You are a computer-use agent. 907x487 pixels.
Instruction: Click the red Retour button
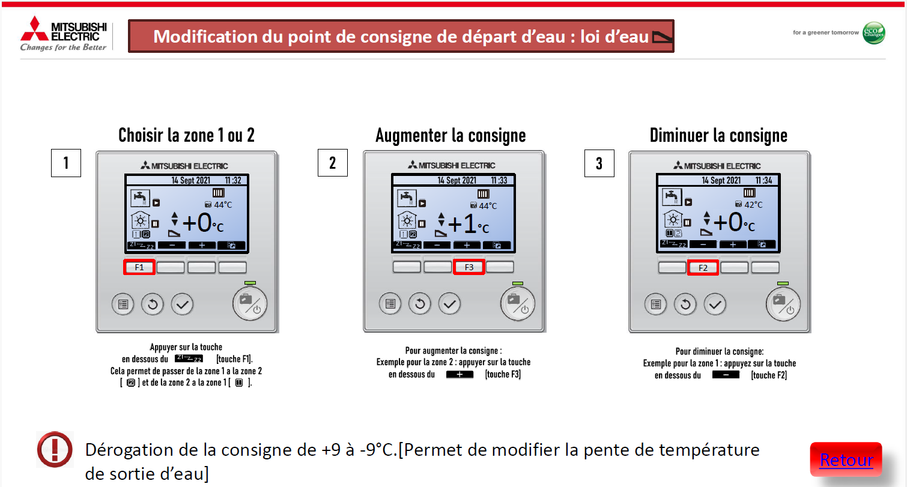[846, 459]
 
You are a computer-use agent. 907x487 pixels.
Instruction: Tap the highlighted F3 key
[469, 267]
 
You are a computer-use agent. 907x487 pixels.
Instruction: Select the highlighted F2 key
[703, 268]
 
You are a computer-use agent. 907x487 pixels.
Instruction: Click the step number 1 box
[66, 163]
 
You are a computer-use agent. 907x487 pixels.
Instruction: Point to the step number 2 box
[332, 163]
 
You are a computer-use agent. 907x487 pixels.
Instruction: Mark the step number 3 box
[599, 163]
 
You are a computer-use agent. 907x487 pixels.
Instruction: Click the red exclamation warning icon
[55, 449]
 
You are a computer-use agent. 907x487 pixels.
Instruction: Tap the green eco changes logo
[874, 33]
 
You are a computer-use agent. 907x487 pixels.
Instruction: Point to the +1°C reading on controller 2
[469, 224]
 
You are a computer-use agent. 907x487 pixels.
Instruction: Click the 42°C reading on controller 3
[753, 205]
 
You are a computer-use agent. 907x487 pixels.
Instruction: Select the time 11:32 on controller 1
[233, 180]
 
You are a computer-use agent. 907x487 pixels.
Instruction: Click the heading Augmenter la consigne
[450, 135]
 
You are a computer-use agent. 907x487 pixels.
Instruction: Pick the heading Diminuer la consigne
[719, 135]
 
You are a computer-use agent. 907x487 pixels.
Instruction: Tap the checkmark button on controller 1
[182, 304]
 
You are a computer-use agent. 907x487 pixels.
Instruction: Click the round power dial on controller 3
[783, 304]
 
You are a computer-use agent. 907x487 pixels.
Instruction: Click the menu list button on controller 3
[656, 304]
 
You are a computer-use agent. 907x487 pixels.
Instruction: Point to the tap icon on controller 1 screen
[140, 198]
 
